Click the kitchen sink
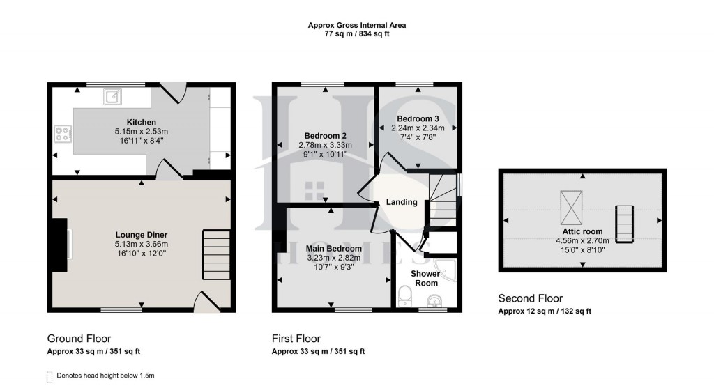(x=112, y=95)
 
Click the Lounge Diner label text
(x=142, y=235)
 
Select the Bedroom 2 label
(x=326, y=136)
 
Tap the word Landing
(x=401, y=202)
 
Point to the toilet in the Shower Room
(x=404, y=296)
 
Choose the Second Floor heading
(x=530, y=299)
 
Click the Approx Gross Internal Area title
(x=357, y=25)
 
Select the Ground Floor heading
(x=79, y=339)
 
